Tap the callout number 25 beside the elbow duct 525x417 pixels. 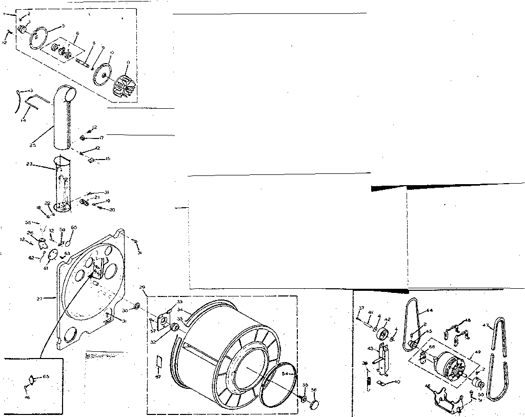pos(33,145)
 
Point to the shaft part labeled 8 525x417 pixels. pos(83,62)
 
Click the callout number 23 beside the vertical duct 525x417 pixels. pos(29,164)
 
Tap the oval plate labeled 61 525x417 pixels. pos(53,255)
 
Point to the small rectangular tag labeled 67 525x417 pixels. pos(158,363)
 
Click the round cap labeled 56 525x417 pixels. pos(313,405)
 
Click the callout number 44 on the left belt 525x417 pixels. pos(429,310)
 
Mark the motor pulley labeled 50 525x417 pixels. pos(478,383)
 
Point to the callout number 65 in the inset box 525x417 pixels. pos(46,377)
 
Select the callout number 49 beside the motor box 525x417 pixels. pos(478,352)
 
